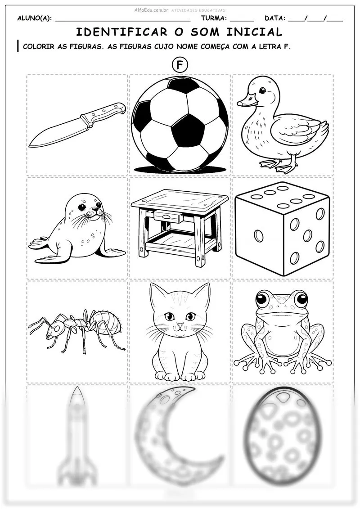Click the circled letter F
tap(179, 65)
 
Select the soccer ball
tap(180, 124)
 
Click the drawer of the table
tap(169, 216)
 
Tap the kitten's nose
tap(180, 324)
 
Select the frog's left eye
tap(264, 299)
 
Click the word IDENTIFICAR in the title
tap(122, 32)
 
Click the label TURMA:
tap(214, 18)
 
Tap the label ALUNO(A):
tap(34, 18)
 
